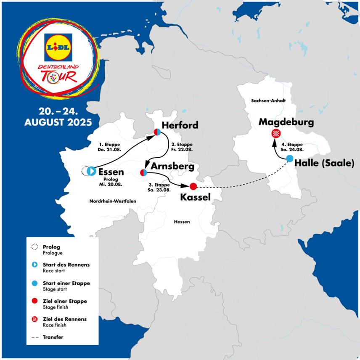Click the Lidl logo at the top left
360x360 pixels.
pos(57,46)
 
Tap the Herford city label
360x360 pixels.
pos(180,125)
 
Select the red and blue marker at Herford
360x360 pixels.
pos(156,132)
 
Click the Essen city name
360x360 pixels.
pos(111,172)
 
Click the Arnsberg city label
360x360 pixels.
pos(173,167)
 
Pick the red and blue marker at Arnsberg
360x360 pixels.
pos(143,172)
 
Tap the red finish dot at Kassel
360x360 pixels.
pos(193,186)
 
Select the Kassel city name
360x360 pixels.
pos(195,197)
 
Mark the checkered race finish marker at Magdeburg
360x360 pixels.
pos(276,134)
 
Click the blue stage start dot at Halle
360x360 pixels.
pos(290,159)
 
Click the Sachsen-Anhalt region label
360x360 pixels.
pos(268,101)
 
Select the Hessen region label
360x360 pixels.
pos(182,222)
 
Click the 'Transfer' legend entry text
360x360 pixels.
pos(53,337)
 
